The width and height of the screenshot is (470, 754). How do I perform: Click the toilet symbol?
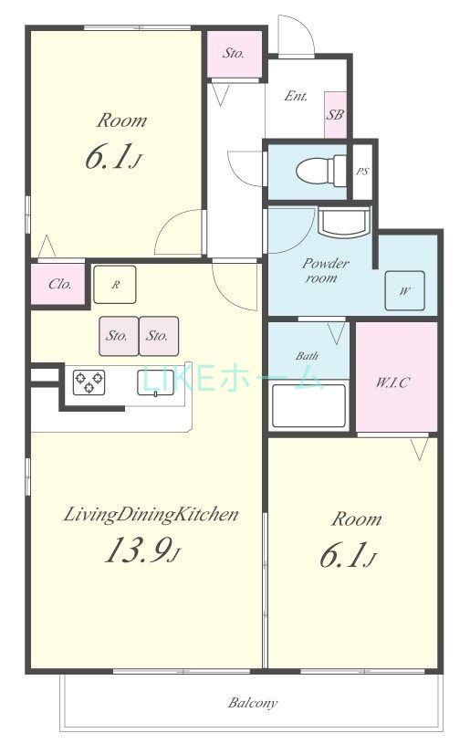pyautogui.click(x=315, y=169)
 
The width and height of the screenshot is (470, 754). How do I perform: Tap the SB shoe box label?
pyautogui.click(x=335, y=115)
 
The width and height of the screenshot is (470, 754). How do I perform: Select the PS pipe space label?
pyautogui.click(x=362, y=171)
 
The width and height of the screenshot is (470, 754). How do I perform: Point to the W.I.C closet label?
pyautogui.click(x=393, y=382)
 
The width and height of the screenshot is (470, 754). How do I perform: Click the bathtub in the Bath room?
pyautogui.click(x=308, y=404)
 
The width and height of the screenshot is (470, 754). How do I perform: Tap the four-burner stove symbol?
pyautogui.click(x=89, y=381)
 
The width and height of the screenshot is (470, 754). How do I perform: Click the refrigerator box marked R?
pyautogui.click(x=116, y=285)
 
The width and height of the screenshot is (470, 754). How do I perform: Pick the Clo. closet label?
pyautogui.click(x=60, y=285)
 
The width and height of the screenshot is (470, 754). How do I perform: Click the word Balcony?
pyautogui.click(x=252, y=704)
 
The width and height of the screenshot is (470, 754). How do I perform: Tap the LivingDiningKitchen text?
pyautogui.click(x=151, y=515)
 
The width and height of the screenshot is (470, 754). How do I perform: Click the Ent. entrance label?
pyautogui.click(x=296, y=96)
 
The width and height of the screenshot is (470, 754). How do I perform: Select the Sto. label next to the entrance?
pyautogui.click(x=234, y=53)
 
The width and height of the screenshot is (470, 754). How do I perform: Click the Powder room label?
pyautogui.click(x=320, y=270)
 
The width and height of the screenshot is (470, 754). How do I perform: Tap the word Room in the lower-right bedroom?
pyautogui.click(x=356, y=519)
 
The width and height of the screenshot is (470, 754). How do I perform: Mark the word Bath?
pyautogui.click(x=306, y=355)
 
